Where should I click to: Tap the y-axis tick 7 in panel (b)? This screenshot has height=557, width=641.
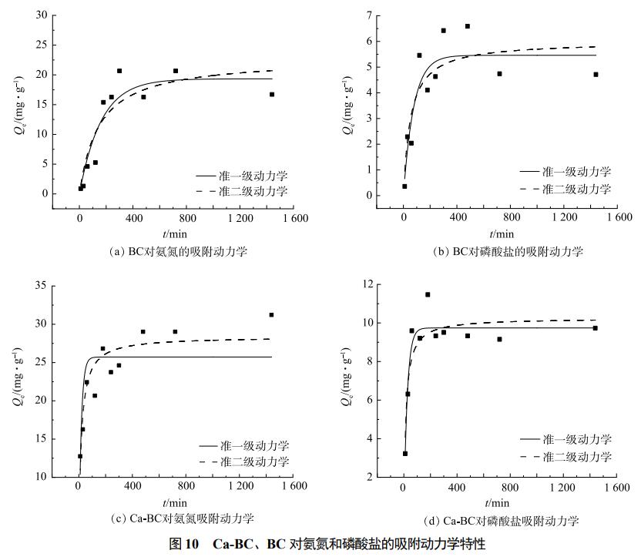369,15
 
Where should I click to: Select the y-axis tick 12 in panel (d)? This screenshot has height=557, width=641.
366,285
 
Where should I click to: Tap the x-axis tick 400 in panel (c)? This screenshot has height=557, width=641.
133,488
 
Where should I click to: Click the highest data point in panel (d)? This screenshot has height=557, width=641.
428,294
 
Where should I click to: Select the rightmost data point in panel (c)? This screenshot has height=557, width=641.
271,314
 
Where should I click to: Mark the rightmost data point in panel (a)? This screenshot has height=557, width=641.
271,95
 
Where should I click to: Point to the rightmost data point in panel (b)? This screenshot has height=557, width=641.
596,75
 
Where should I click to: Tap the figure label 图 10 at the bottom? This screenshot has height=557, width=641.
185,545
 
